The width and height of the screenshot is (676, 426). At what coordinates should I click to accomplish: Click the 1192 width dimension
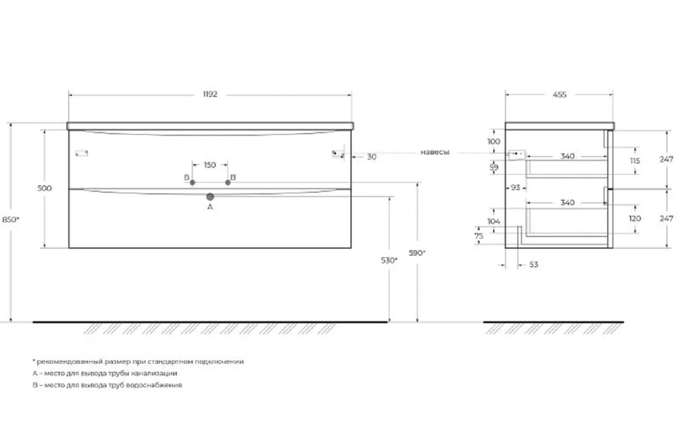(x=210, y=95)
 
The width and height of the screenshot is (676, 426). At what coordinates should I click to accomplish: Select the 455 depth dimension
(x=560, y=95)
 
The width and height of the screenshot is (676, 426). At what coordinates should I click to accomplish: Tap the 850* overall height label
(x=11, y=219)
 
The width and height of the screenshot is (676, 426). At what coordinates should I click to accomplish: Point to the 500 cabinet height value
(x=45, y=188)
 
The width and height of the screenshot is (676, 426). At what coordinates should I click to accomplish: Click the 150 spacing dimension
(x=210, y=165)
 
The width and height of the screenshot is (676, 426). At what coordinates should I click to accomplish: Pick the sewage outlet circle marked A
(x=210, y=197)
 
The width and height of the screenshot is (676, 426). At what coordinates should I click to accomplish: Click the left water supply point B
(x=192, y=183)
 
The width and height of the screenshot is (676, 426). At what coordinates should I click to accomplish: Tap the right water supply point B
(x=228, y=183)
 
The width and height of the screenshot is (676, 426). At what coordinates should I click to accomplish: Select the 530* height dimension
(x=389, y=260)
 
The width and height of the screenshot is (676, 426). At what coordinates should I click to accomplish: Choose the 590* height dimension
(x=417, y=253)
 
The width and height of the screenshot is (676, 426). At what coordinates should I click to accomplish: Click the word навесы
(x=435, y=152)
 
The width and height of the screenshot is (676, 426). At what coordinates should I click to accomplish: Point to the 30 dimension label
(x=372, y=157)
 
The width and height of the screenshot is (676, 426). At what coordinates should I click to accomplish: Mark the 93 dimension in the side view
(x=515, y=188)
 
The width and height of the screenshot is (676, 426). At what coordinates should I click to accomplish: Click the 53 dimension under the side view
(x=534, y=265)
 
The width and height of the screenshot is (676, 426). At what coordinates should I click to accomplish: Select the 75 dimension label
(x=479, y=236)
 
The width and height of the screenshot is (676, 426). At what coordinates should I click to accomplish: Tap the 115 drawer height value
(x=635, y=161)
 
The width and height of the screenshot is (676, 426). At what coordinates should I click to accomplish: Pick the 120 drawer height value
(x=635, y=218)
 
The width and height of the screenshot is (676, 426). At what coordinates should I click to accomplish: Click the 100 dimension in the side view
(x=493, y=141)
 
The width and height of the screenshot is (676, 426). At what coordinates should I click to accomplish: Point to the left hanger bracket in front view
(x=82, y=153)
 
